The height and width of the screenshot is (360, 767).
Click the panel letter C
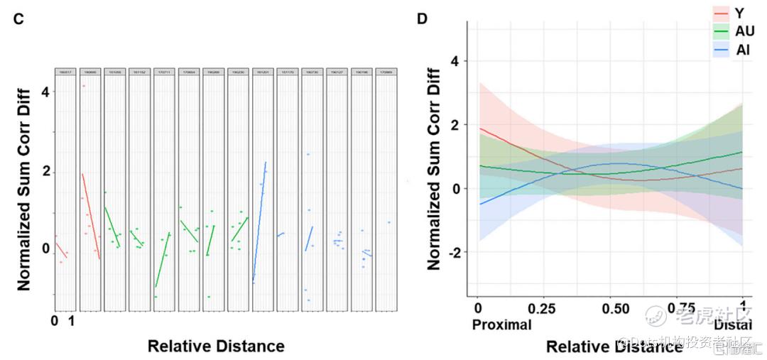click(19, 19)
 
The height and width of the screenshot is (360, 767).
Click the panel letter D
click(422, 18)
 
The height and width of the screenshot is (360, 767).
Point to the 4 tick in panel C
click(46, 92)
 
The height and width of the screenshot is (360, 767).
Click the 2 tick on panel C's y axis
click(46, 171)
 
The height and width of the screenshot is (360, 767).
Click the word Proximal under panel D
click(501, 324)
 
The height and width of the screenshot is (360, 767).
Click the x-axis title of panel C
click(216, 346)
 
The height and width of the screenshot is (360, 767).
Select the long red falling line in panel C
click(91, 216)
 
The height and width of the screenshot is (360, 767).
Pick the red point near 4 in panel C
click(83, 86)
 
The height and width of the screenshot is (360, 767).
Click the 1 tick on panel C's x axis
click(70, 322)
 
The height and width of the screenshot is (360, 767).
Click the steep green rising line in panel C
click(162, 260)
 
